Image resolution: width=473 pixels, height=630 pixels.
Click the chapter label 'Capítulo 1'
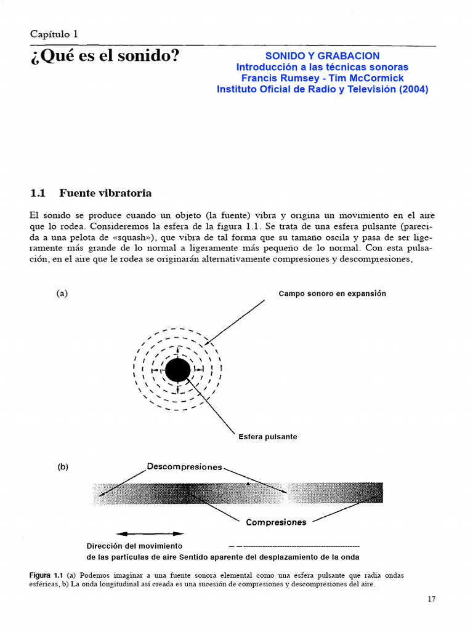click(54, 34)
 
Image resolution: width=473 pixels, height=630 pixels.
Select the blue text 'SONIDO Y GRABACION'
click(322, 56)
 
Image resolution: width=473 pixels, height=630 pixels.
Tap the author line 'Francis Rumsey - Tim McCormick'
click(322, 78)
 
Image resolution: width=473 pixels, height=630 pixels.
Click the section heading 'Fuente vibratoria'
click(105, 193)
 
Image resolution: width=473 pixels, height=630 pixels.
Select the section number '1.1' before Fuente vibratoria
click(38, 193)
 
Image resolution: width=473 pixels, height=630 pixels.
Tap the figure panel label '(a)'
click(62, 293)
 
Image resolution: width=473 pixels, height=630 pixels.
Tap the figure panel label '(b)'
click(62, 467)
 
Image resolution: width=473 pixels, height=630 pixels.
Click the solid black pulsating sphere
click(178, 370)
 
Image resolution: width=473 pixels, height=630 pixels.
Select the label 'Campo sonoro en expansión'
click(332, 293)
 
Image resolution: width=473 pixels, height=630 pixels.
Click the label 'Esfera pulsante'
click(268, 437)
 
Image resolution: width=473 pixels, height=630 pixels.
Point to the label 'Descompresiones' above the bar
click(184, 467)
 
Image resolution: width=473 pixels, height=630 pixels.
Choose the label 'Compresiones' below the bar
click(276, 522)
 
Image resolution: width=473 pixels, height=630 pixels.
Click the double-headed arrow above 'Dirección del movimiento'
click(150, 533)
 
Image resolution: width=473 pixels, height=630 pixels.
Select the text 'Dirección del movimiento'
click(134, 546)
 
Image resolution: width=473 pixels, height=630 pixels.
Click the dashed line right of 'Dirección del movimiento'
click(294, 546)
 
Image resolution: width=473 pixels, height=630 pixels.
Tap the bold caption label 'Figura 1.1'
click(46, 575)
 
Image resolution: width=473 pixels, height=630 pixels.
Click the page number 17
click(431, 599)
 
